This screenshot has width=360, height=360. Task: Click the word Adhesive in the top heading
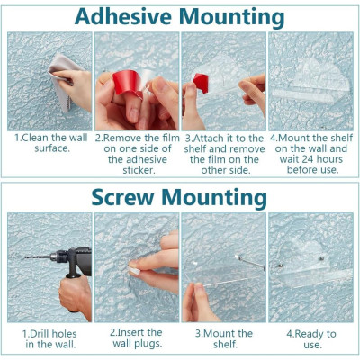click(x=123, y=17)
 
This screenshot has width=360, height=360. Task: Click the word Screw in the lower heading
click(x=123, y=198)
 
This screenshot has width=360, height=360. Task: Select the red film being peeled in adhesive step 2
click(x=129, y=83)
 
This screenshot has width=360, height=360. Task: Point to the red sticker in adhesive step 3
click(x=201, y=83)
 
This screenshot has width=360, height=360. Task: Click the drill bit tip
click(x=25, y=257)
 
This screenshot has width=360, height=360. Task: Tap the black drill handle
click(x=74, y=264)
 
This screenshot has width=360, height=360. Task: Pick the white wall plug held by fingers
click(x=134, y=270)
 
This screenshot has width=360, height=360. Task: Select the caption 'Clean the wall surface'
click(x=51, y=143)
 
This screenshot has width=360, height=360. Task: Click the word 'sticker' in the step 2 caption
click(x=139, y=170)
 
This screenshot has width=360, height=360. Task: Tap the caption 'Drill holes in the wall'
click(x=49, y=339)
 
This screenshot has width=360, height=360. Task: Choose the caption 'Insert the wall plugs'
click(x=137, y=337)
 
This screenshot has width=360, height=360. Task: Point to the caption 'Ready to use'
click(x=311, y=339)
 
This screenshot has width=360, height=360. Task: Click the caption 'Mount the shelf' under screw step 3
click(x=224, y=338)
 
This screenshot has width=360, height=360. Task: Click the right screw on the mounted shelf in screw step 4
click(x=321, y=258)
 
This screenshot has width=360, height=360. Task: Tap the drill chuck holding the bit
click(x=57, y=256)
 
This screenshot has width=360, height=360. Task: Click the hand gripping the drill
click(x=75, y=294)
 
